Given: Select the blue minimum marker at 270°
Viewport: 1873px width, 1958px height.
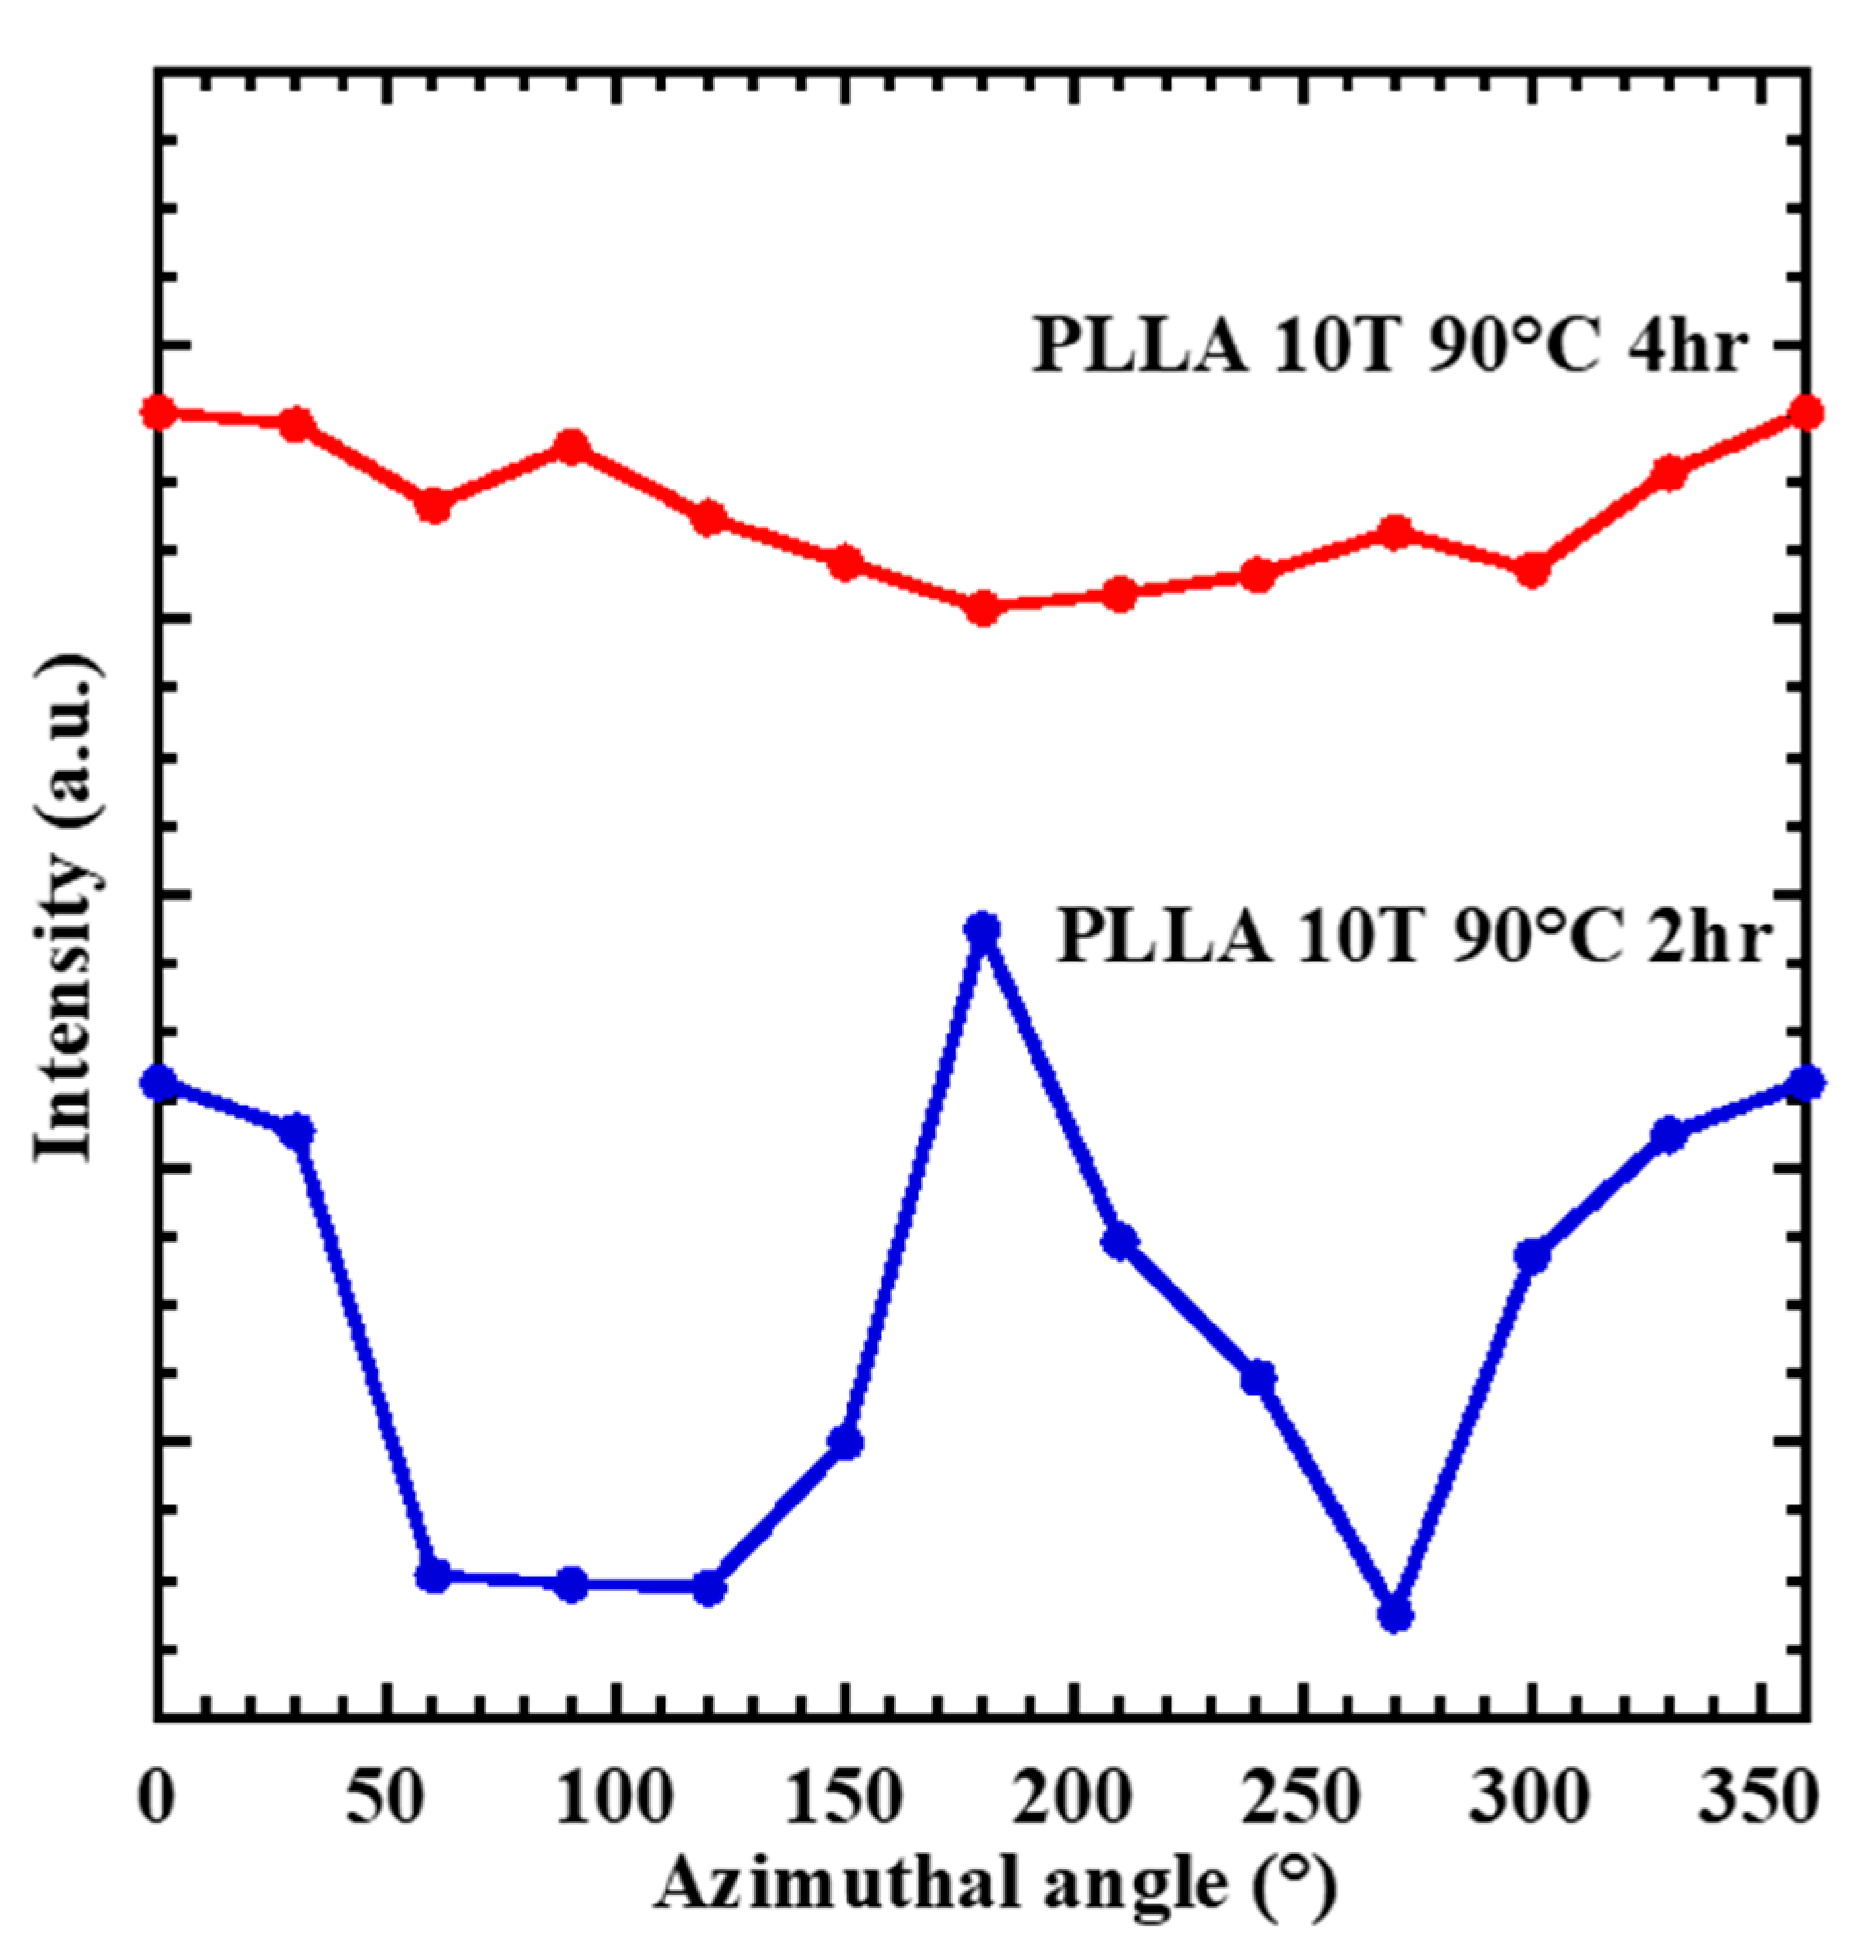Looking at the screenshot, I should click(1394, 1614).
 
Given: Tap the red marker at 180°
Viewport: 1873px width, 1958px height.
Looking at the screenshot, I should click(983, 607).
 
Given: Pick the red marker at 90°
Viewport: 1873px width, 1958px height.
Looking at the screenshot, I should click(570, 448).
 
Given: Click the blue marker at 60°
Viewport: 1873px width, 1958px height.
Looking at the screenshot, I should click(432, 1576).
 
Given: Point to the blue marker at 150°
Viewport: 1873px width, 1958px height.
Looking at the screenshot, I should click(845, 1442).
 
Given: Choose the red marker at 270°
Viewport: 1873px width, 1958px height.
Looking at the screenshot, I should click(1394, 531).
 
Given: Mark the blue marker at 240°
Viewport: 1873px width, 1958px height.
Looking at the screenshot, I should click(1258, 1378).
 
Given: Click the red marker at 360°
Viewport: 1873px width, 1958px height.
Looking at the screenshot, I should click(1806, 412).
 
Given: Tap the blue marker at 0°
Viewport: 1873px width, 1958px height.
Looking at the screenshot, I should click(158, 1081).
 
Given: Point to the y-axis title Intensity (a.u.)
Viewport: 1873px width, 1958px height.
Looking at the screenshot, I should click(66, 909).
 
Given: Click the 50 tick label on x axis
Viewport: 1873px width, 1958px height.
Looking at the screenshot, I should click(384, 1798).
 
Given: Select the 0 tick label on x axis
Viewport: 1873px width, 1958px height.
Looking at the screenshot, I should click(156, 1798).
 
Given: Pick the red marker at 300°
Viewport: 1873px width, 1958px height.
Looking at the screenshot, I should click(1531, 569).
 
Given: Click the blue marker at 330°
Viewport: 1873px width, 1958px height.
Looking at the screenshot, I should click(1669, 1136).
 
